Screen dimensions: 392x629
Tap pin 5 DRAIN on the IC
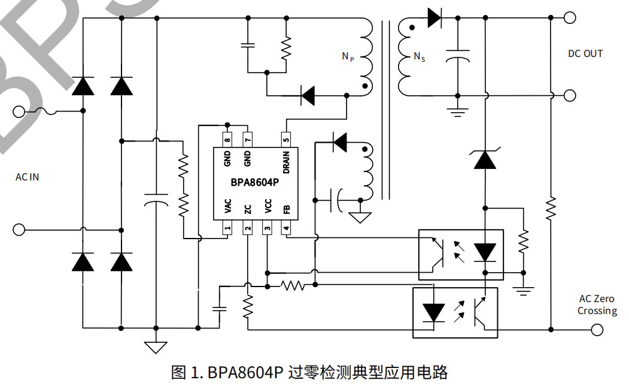[287, 138]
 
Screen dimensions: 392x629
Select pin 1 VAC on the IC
[227, 228]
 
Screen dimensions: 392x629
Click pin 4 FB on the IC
[287, 228]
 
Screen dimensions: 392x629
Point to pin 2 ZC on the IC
[247, 228]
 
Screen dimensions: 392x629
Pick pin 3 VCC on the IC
[267, 228]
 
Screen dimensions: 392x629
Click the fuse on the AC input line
[47, 111]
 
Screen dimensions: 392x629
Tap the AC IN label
[28, 177]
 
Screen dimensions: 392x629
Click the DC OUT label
[585, 54]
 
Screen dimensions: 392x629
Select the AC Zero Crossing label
[597, 304]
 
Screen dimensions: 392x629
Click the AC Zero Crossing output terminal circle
[597, 329]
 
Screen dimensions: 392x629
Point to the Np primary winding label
[348, 56]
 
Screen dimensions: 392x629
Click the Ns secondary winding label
[420, 57]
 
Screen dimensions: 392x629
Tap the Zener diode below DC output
[485, 159]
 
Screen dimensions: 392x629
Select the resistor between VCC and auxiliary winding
[293, 285]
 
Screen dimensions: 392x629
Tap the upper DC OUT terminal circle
[570, 18]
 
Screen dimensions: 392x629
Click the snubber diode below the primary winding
[308, 95]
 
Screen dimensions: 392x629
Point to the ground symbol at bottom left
[156, 346]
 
